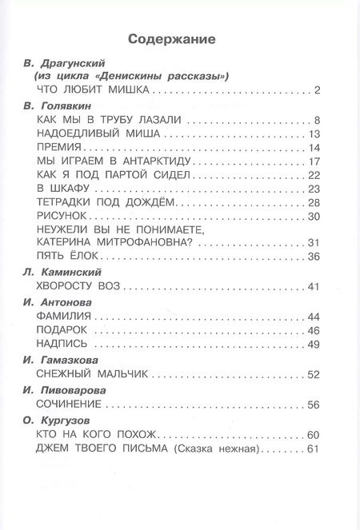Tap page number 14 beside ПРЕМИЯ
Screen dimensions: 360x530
(x=314, y=149)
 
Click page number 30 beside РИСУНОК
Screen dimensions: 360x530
(x=314, y=217)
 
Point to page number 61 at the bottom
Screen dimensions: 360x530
(x=314, y=448)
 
